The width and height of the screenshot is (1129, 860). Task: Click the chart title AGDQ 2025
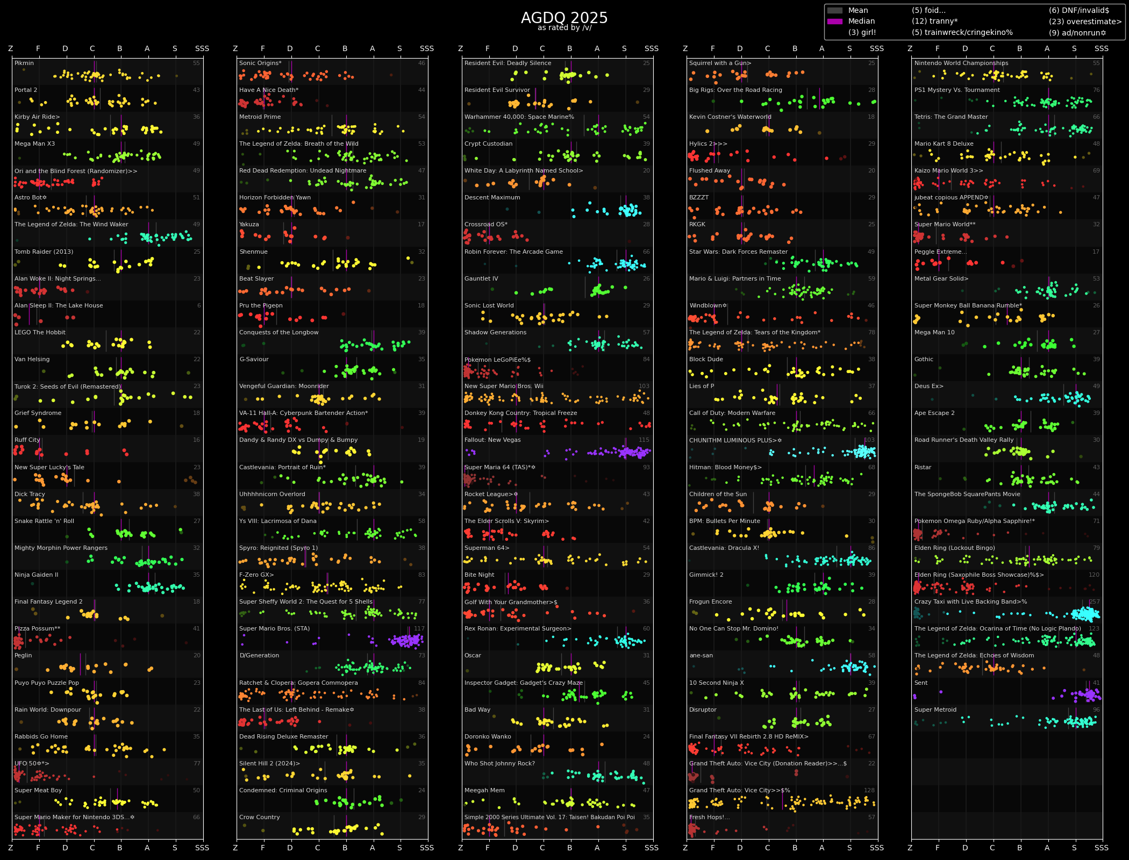(564, 18)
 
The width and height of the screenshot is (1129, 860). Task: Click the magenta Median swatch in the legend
(834, 21)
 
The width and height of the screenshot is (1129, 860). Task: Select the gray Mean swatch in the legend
(834, 10)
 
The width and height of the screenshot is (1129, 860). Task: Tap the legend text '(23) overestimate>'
(1085, 21)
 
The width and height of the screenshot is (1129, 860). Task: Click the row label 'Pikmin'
(24, 63)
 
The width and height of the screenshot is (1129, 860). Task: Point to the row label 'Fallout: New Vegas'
(492, 440)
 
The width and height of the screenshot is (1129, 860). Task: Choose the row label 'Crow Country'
(260, 817)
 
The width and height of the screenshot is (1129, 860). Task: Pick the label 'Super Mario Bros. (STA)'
(275, 628)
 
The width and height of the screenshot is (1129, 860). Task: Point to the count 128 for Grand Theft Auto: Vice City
(869, 790)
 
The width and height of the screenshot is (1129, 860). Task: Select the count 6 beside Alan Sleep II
(199, 305)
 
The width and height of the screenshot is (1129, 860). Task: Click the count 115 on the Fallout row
(644, 440)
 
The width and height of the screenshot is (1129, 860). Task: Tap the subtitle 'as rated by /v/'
(564, 28)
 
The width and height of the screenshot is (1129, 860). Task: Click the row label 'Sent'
(921, 683)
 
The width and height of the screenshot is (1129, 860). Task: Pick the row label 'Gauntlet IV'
(481, 278)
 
